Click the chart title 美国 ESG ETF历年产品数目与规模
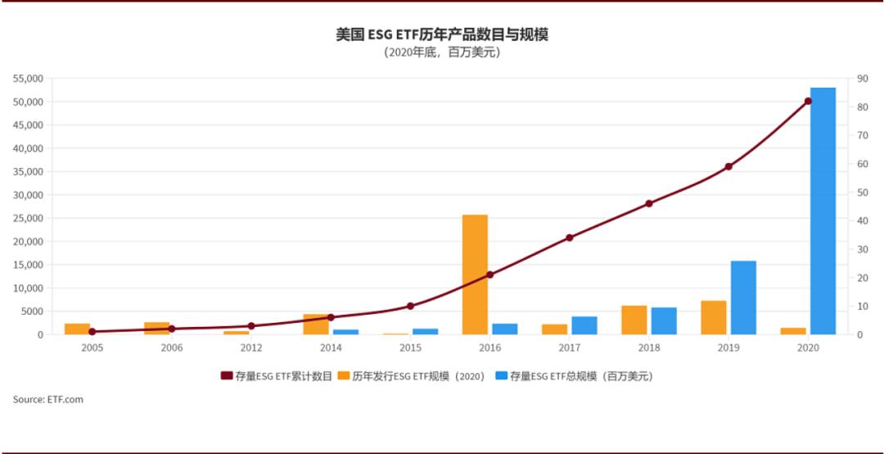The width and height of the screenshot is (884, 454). pyautogui.click(x=441, y=34)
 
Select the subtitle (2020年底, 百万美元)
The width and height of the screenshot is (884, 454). pyautogui.click(x=441, y=52)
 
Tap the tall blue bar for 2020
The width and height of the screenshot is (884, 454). pyautogui.click(x=823, y=211)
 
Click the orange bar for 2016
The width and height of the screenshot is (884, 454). pyautogui.click(x=475, y=275)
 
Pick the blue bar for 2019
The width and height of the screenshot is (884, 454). pyautogui.click(x=743, y=297)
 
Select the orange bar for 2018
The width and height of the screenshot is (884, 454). pyautogui.click(x=634, y=320)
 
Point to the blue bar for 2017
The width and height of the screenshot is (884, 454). pyautogui.click(x=584, y=325)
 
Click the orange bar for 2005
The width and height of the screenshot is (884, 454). pyautogui.click(x=77, y=329)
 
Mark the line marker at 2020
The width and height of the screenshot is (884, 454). pyautogui.click(x=808, y=101)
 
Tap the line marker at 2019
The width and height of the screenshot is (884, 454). pyautogui.click(x=728, y=166)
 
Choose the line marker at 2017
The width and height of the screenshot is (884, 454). pyautogui.click(x=570, y=238)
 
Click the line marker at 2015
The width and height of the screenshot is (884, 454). pyautogui.click(x=410, y=306)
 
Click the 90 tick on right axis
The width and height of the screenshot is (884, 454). pyautogui.click(x=862, y=79)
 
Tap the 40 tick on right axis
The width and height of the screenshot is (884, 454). pyautogui.click(x=862, y=220)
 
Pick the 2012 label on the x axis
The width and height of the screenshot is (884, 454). pyautogui.click(x=251, y=347)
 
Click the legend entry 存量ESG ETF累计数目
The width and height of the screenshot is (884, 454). pyautogui.click(x=276, y=376)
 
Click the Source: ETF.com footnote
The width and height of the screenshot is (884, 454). pyautogui.click(x=47, y=400)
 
